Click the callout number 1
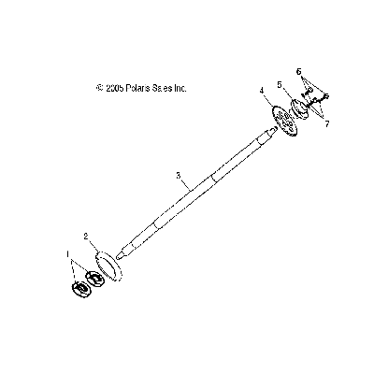click(67, 254)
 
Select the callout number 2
click(86, 237)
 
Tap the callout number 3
click(178, 176)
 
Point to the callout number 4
click(262, 91)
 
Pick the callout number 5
click(280, 84)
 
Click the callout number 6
click(299, 72)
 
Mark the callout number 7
click(327, 124)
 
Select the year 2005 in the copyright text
click(115, 88)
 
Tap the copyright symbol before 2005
click(100, 88)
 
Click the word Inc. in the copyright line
click(180, 88)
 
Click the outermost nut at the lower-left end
click(81, 289)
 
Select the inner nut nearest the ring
click(95, 278)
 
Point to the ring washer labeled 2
click(109, 267)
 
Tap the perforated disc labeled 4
click(283, 122)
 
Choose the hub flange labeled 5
click(299, 108)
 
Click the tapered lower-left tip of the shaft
click(118, 256)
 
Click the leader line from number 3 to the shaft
click(186, 184)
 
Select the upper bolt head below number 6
click(309, 91)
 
